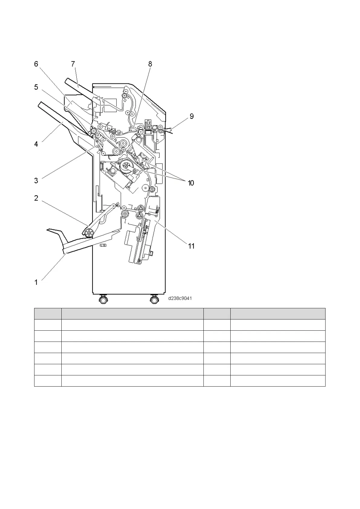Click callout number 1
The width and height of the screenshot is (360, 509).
tap(36, 282)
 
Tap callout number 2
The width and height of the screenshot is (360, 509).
tap(36, 198)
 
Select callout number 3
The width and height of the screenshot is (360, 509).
tap(36, 181)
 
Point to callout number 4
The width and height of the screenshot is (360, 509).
tap(36, 144)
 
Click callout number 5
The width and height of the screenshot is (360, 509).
tap(36, 87)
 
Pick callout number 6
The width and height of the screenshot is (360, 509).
tap(36, 64)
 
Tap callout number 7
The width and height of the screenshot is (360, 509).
tap(73, 64)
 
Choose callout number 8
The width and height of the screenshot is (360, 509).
tap(150, 64)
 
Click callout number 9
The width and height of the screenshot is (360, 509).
tap(191, 116)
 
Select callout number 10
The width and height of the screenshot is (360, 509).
tap(191, 183)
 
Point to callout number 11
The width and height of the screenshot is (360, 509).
tap(191, 246)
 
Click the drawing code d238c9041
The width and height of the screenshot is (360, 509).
tap(180, 298)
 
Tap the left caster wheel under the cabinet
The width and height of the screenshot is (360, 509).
tap(103, 300)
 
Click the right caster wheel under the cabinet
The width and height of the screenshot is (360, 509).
tap(154, 300)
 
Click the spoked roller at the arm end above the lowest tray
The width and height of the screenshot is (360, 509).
tap(89, 233)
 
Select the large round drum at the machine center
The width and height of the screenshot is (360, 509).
tap(126, 166)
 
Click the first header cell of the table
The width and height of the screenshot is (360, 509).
tap(48, 313)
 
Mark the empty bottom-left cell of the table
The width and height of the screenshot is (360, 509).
tap(48, 381)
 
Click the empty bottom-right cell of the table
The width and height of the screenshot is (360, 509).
tap(277, 381)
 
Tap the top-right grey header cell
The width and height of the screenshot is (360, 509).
tap(277, 313)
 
